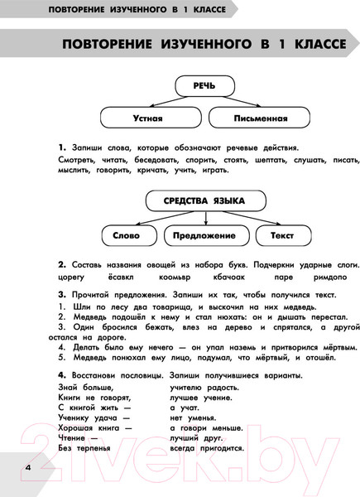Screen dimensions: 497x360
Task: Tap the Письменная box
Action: coord(265,118)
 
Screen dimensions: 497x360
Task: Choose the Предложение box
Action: coord(204,235)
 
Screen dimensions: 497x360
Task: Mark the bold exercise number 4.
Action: coord(62,374)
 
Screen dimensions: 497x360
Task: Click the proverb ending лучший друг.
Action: coord(194,436)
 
